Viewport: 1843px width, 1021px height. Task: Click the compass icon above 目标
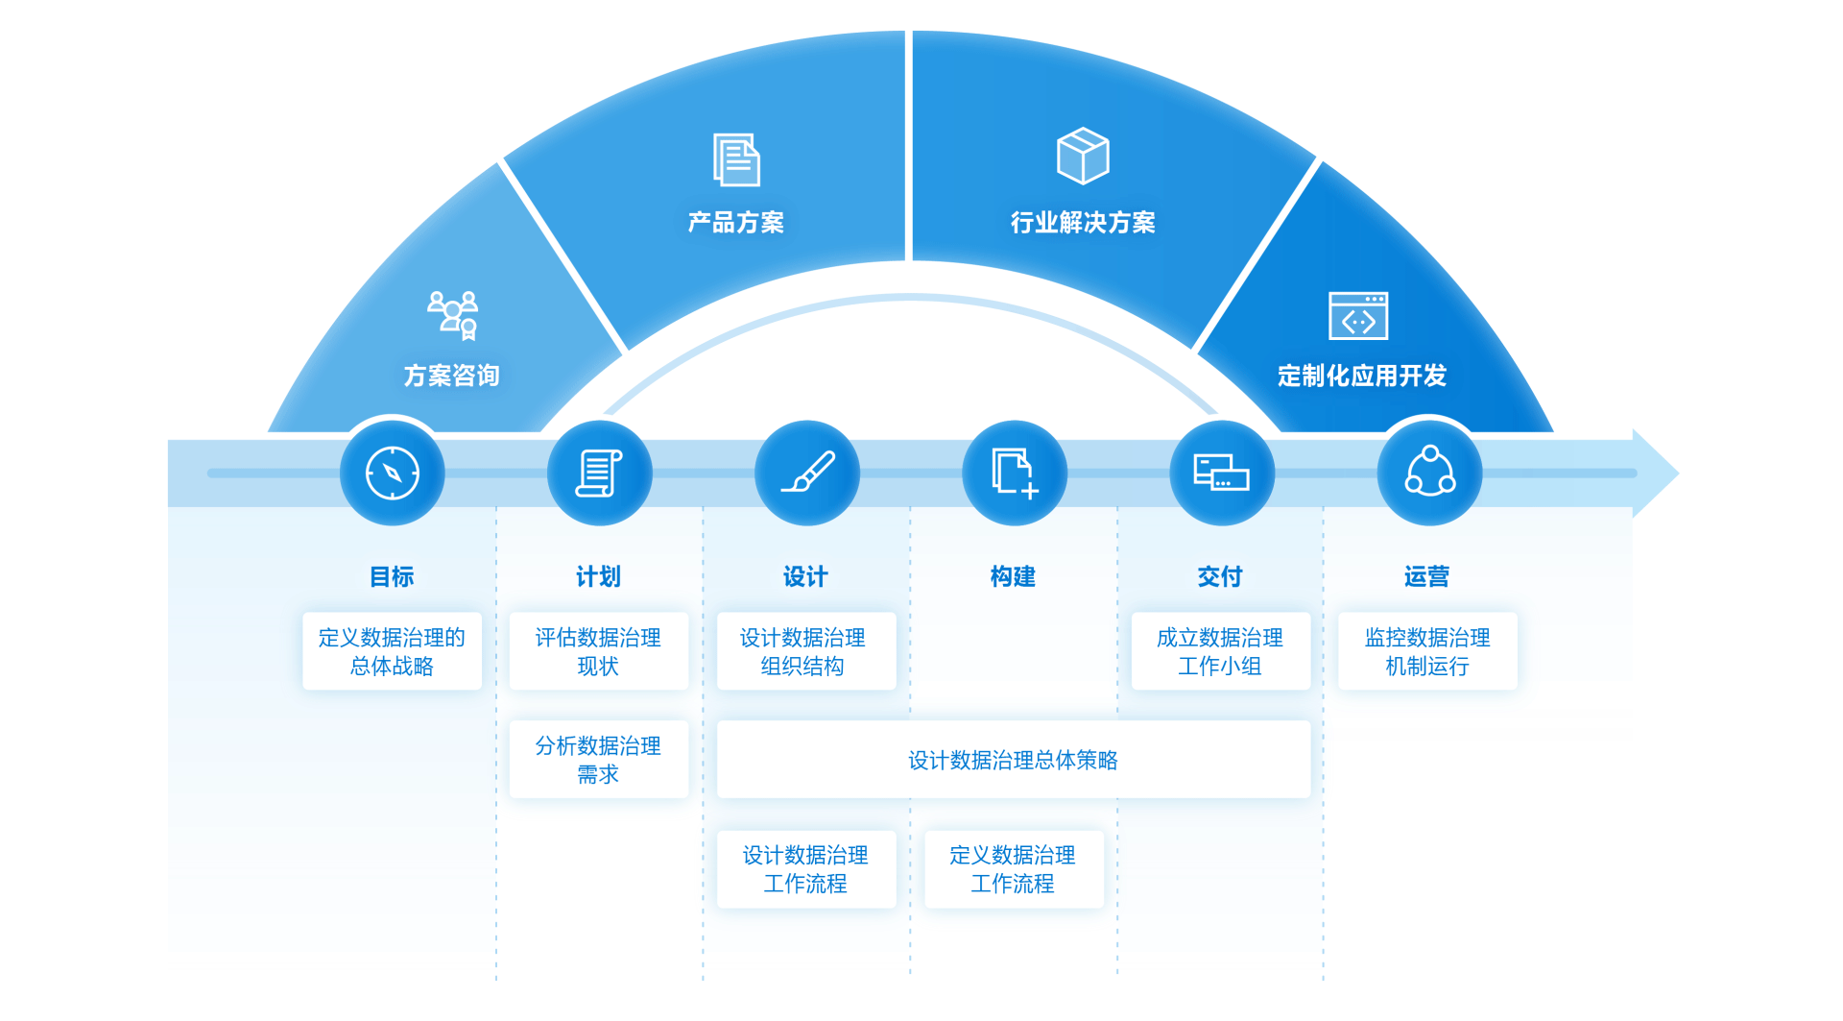[x=393, y=473]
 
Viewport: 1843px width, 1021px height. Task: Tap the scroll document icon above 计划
[x=599, y=473]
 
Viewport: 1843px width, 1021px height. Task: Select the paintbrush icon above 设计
[x=807, y=473]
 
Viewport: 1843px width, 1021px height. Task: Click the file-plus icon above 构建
[x=1015, y=473]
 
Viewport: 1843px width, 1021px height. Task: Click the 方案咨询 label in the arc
[x=451, y=376]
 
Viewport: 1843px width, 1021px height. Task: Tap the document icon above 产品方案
[x=736, y=159]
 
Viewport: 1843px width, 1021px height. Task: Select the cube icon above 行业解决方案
[x=1083, y=156]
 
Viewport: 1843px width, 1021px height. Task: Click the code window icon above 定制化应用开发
[x=1358, y=316]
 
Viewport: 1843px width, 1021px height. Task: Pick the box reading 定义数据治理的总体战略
[x=392, y=651]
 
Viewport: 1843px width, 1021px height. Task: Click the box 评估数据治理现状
[x=598, y=651]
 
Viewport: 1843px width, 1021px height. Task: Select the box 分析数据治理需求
[x=598, y=760]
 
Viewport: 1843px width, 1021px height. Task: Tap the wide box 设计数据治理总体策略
[x=1013, y=760]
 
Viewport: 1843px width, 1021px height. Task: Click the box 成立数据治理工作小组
[x=1220, y=651]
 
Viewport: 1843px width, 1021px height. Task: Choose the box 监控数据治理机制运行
[x=1427, y=651]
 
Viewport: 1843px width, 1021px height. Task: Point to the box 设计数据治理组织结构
[x=805, y=651]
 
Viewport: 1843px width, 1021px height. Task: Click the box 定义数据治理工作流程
[x=1013, y=869]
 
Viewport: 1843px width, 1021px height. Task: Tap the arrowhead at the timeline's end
[x=1656, y=473]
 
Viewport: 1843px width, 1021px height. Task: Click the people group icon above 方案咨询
[x=453, y=315]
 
